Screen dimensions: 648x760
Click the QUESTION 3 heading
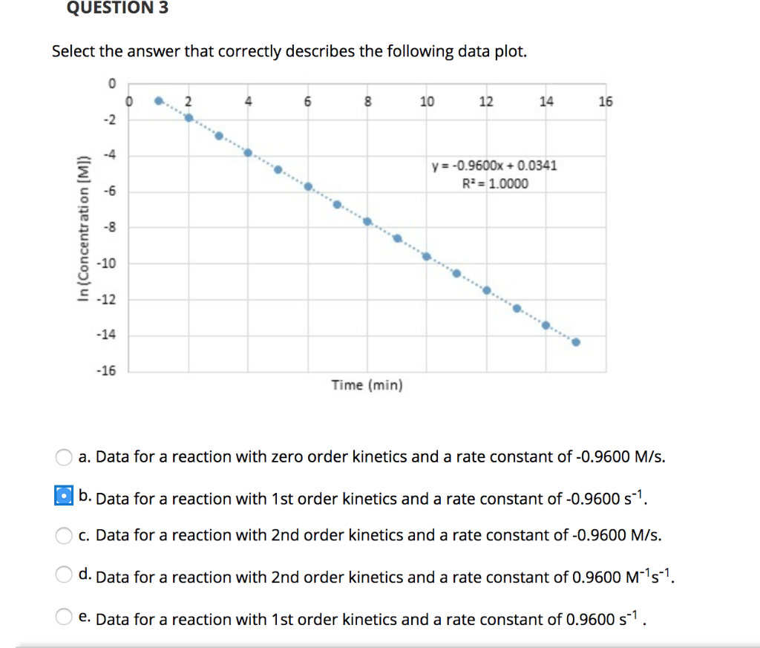click(117, 8)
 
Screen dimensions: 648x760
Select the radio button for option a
click(65, 456)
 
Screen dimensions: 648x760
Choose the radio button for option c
click(65, 534)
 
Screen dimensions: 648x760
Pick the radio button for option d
click(65, 574)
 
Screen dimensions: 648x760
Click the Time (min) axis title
click(367, 385)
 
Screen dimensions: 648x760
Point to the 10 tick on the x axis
click(427, 102)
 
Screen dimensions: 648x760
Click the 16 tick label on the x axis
click(606, 102)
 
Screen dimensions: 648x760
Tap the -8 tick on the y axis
click(110, 227)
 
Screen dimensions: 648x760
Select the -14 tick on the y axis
click(108, 336)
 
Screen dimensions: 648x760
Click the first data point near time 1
click(158, 101)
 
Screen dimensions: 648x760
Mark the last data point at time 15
click(576, 342)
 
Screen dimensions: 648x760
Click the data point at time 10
click(427, 256)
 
